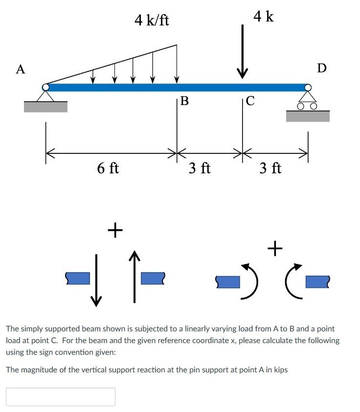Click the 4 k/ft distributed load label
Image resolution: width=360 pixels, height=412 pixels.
point(152,21)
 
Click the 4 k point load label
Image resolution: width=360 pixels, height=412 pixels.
point(264,17)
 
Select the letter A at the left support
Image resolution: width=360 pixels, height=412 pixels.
point(20,69)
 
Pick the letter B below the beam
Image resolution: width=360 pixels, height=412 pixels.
point(184,101)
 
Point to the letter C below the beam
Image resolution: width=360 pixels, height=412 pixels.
point(250,101)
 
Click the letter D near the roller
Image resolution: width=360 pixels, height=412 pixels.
point(321,67)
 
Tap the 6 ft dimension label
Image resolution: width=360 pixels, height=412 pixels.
point(108,169)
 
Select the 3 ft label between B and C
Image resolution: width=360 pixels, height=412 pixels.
point(200,169)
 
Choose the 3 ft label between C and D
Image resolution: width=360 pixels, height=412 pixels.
point(270,169)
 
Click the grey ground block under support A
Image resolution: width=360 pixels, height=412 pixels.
point(45,107)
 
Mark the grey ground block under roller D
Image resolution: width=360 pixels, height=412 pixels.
point(308,116)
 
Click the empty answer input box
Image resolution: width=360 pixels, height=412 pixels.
point(61,396)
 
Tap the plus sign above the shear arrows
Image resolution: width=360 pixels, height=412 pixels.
point(115,230)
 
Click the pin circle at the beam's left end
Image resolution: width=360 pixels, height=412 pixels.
point(45,87)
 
